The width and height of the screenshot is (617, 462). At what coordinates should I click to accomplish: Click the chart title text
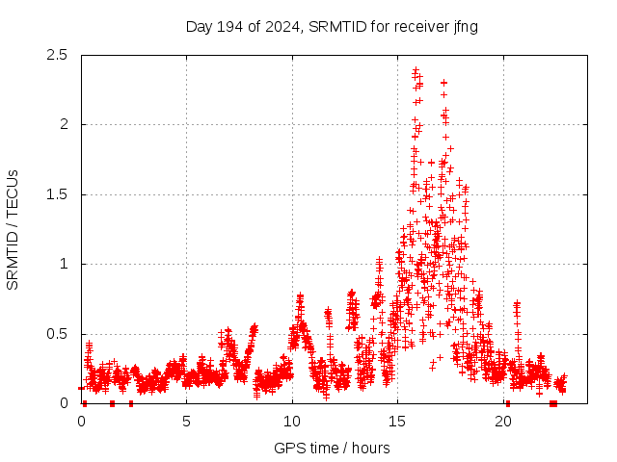click(332, 26)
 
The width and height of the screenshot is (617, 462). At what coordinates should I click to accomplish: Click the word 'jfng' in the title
click(463, 26)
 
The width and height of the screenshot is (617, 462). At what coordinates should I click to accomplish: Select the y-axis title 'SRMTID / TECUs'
click(13, 229)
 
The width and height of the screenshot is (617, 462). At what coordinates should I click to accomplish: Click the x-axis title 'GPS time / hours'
click(332, 448)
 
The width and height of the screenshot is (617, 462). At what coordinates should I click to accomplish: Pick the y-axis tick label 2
click(64, 124)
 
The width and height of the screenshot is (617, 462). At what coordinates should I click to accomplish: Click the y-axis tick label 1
click(64, 264)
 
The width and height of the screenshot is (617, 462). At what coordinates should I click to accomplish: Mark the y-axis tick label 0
click(64, 403)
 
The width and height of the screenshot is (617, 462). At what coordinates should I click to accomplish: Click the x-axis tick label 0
click(81, 421)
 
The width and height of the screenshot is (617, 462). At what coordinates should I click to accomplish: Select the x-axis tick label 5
click(186, 421)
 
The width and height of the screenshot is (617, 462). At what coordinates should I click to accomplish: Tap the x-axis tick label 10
click(292, 421)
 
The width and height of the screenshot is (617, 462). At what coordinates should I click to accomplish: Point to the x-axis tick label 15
click(398, 421)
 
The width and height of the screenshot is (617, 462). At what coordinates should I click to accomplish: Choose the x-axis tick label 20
click(503, 421)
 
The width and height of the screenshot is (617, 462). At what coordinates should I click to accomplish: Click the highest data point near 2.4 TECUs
click(416, 70)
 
